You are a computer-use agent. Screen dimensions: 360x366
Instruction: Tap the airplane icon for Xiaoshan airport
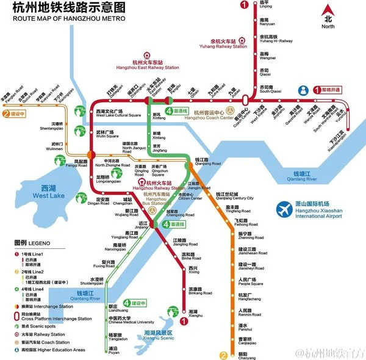284,209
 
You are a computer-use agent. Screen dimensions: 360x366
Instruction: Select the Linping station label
266,5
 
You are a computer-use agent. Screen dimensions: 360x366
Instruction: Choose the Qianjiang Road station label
207,161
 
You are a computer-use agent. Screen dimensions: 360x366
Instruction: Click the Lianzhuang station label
118,309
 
